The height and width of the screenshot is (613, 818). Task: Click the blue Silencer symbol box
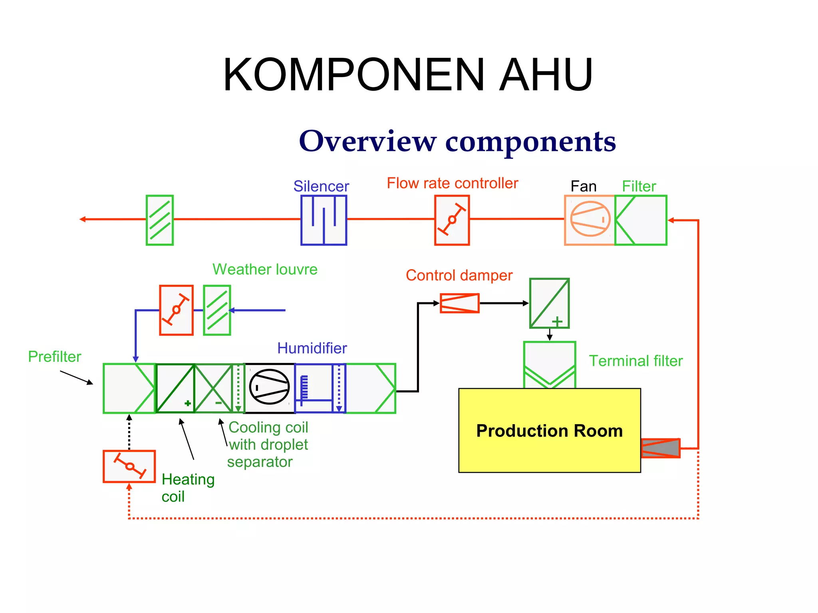(x=324, y=220)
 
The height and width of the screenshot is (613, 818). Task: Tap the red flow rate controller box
(x=452, y=220)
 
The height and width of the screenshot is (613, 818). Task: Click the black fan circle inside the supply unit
(x=269, y=387)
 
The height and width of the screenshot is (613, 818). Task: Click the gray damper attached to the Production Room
(x=660, y=448)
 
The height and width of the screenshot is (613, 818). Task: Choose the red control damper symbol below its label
(x=459, y=303)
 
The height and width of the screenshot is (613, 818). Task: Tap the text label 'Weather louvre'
(x=265, y=269)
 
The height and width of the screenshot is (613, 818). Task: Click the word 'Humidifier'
(x=312, y=348)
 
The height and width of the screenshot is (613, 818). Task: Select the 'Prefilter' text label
(x=54, y=357)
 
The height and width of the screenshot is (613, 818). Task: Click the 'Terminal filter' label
(x=635, y=361)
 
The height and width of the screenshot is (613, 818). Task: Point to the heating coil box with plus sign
(x=175, y=388)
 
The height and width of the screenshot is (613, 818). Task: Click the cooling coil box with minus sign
(x=214, y=388)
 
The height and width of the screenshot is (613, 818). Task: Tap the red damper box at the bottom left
(x=129, y=466)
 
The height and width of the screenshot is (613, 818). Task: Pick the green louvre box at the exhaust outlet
(x=159, y=220)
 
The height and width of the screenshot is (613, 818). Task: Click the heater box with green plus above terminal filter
(x=549, y=303)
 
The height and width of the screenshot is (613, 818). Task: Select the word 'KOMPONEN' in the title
(x=354, y=75)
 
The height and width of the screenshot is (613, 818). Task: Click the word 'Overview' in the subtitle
(x=367, y=141)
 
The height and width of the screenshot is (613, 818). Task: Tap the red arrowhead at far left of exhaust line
(x=83, y=219)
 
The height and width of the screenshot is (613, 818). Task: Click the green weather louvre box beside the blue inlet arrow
(x=217, y=310)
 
